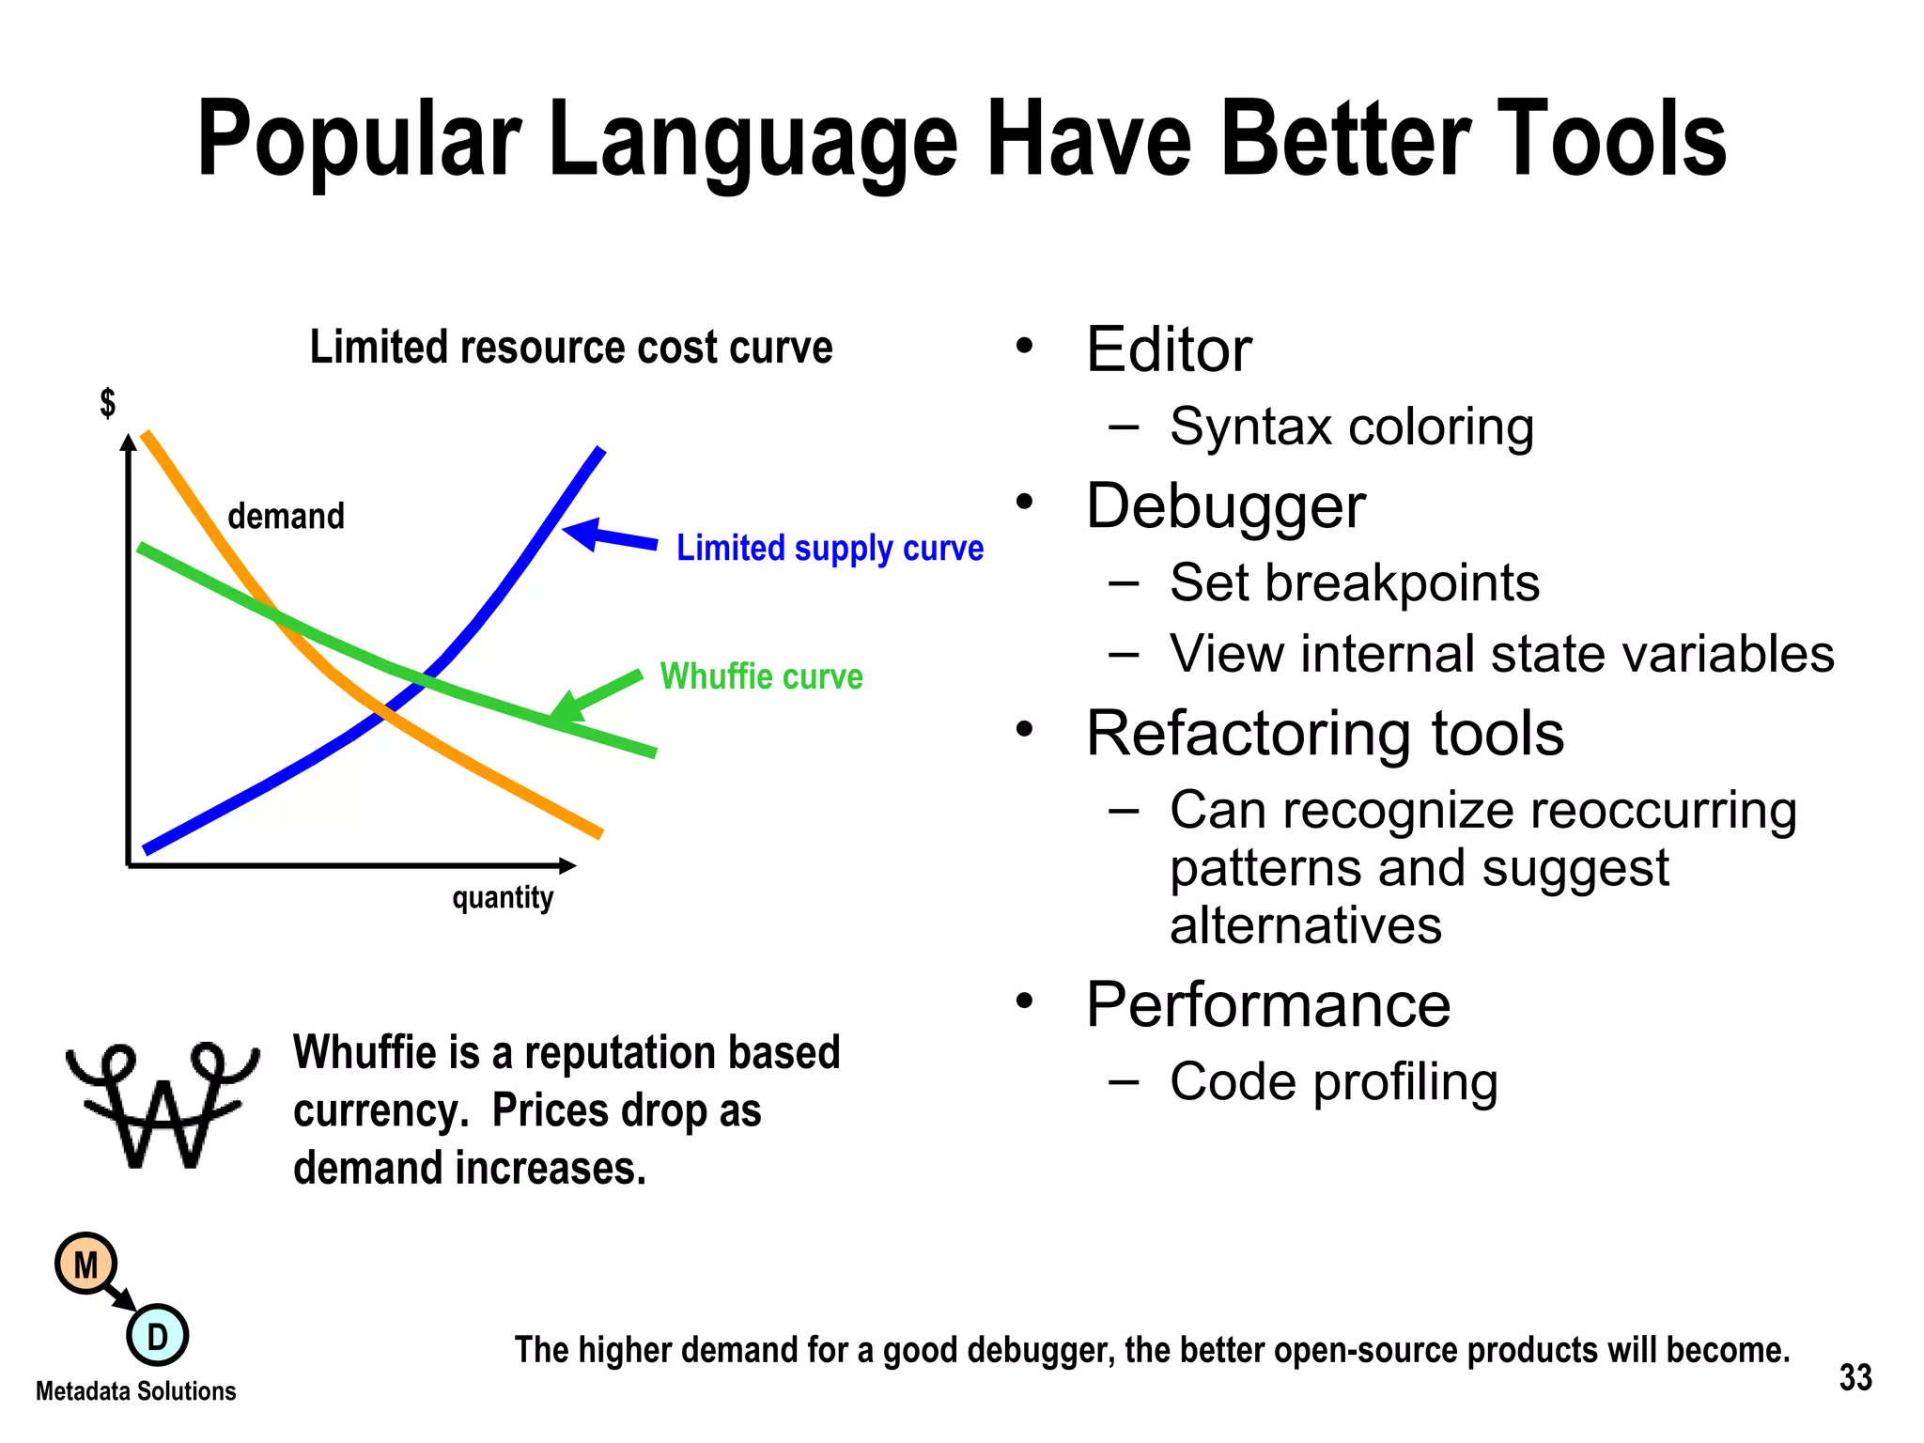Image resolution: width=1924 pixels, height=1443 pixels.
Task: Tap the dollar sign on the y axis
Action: pyautogui.click(x=108, y=403)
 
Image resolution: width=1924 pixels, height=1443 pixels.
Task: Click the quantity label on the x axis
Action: pyautogui.click(x=503, y=897)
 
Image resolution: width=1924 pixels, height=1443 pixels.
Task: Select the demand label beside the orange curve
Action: pyautogui.click(x=286, y=516)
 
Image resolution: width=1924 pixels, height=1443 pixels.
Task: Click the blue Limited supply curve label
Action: pyautogui.click(x=830, y=548)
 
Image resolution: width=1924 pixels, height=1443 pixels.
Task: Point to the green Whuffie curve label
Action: pyautogui.click(x=761, y=676)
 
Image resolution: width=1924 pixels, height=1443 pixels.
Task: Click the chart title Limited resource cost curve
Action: pyautogui.click(x=571, y=347)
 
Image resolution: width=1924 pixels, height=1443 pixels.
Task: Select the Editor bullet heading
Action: pyautogui.click(x=1168, y=349)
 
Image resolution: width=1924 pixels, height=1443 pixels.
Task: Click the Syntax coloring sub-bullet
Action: pyautogui.click(x=1351, y=427)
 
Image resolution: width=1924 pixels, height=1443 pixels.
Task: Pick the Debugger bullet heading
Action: pyautogui.click(x=1225, y=506)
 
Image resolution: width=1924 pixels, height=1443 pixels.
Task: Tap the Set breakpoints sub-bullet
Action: pyautogui.click(x=1354, y=582)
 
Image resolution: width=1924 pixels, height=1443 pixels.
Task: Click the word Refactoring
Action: pyautogui.click(x=1249, y=733)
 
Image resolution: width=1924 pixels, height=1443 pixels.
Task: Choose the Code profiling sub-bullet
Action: pyautogui.click(x=1333, y=1081)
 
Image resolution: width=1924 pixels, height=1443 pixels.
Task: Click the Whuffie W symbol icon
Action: pyautogui.click(x=162, y=1105)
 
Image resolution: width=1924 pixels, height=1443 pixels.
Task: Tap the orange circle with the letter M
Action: pyautogui.click(x=85, y=1265)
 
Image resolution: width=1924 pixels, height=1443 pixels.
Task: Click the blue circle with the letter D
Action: pyautogui.click(x=157, y=1335)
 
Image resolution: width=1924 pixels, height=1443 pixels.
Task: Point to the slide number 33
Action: pyautogui.click(x=1854, y=1377)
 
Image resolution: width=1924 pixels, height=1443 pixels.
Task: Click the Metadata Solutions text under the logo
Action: pyautogui.click(x=136, y=1391)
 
